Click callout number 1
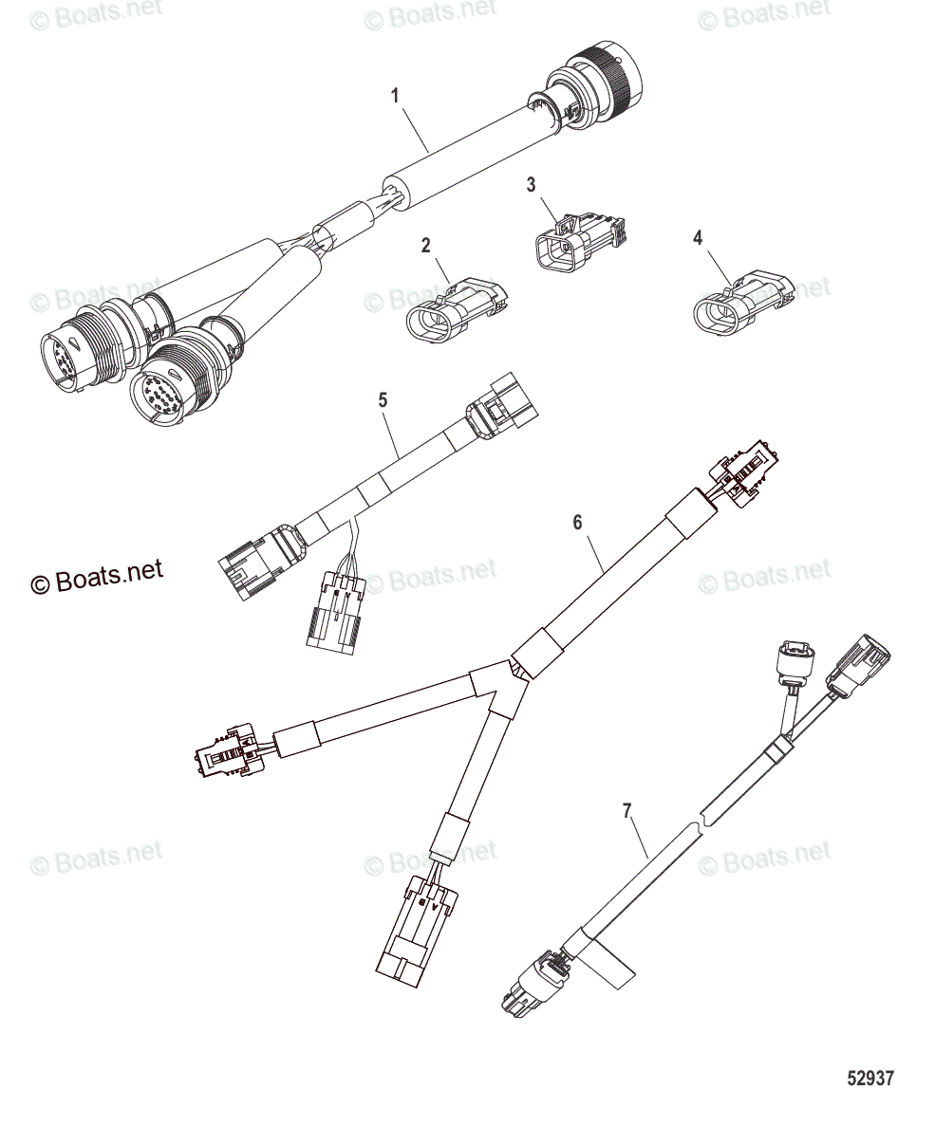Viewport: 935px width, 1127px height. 396,95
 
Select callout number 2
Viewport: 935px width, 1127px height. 425,246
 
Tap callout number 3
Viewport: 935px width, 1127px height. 532,184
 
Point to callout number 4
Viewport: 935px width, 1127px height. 698,238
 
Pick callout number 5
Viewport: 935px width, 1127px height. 383,400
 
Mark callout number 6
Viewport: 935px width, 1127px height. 576,522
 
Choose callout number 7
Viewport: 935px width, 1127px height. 626,810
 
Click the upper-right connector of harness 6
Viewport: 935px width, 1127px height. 745,470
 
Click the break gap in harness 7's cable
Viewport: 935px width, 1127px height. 700,819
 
